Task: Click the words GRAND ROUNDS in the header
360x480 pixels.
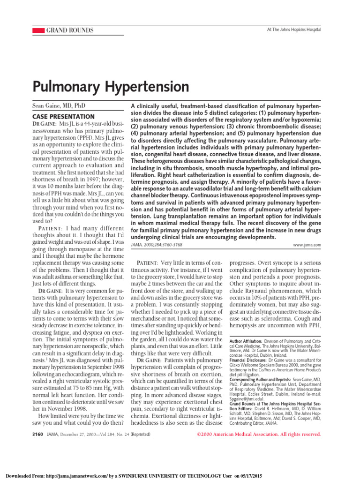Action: tap(69, 30)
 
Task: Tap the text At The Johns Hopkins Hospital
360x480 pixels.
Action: tap(294, 30)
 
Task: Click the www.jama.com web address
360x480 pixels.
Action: tap(307, 245)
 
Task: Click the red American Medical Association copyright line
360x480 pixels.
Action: tap(257, 435)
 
